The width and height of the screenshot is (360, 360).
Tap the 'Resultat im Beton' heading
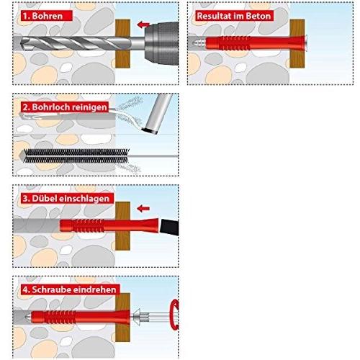[234, 16]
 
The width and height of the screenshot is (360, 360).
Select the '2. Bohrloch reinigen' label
[65, 107]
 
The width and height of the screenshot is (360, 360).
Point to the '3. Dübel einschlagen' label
[67, 199]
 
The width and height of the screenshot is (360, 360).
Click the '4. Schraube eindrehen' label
[70, 289]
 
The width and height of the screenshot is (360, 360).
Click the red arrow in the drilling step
[143, 24]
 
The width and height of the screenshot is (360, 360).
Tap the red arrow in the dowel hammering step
[143, 208]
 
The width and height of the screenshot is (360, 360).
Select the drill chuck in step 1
[161, 43]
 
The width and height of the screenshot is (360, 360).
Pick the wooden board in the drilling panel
[122, 43]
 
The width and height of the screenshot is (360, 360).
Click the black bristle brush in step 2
[76, 156]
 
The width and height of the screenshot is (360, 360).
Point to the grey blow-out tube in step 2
[158, 114]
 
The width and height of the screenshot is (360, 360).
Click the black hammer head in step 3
[169, 227]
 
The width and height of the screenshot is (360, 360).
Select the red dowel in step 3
[109, 225]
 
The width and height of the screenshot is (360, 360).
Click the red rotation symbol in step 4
[175, 315]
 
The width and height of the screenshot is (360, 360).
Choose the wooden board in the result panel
[297, 43]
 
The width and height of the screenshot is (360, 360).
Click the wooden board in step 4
[122, 318]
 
